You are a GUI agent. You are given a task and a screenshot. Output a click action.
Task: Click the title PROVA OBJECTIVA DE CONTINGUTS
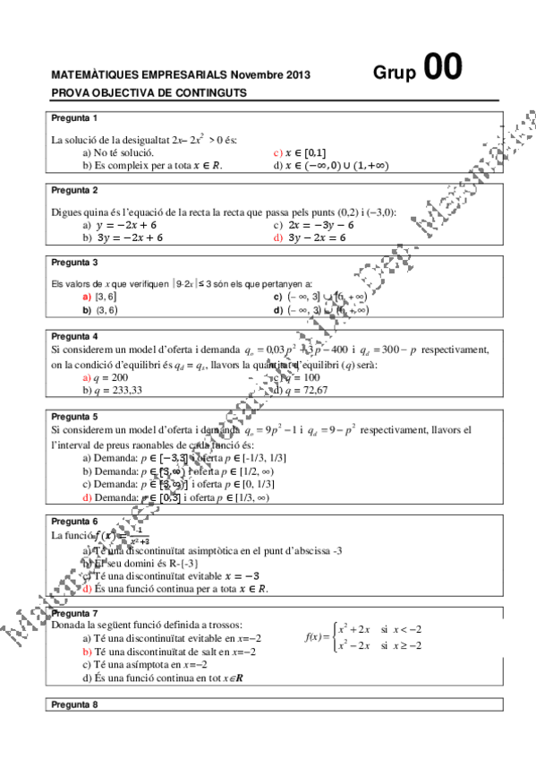[x=149, y=92]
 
